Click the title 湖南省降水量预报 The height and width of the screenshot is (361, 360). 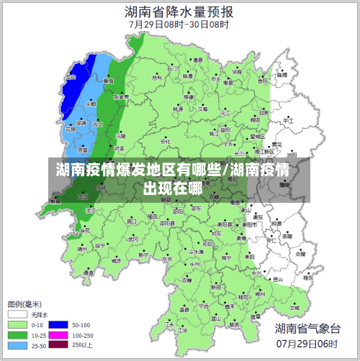(179, 12)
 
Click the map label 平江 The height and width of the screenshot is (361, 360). (288, 122)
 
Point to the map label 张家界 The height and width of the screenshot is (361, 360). (121, 96)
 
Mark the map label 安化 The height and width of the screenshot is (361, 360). (166, 142)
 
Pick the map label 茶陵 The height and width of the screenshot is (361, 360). (287, 236)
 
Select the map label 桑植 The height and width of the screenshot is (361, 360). (108, 81)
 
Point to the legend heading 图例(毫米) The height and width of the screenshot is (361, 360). (24, 303)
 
